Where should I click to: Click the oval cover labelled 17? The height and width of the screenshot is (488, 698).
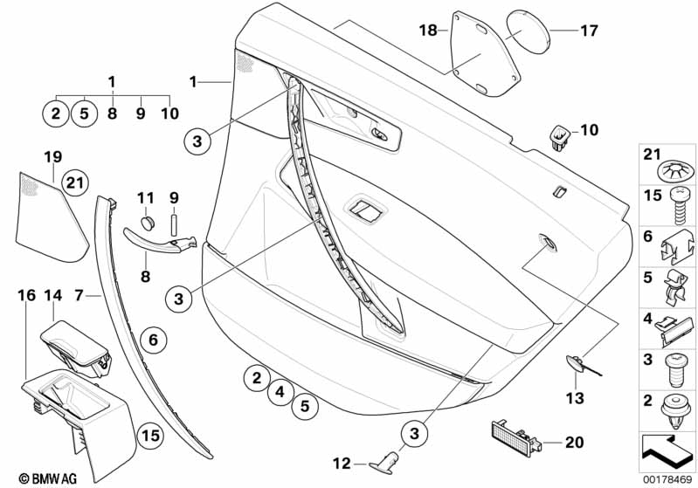click(529, 31)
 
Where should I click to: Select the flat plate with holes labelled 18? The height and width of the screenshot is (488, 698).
click(484, 55)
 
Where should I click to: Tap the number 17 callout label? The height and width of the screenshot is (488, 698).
click(589, 31)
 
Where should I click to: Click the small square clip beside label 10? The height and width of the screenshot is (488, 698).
click(559, 138)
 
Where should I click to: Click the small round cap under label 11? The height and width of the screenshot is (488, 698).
click(149, 223)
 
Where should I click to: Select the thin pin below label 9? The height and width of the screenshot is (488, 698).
click(174, 224)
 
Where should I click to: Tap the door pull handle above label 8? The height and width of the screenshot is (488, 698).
click(160, 240)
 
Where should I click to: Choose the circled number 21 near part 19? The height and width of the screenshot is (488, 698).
click(75, 182)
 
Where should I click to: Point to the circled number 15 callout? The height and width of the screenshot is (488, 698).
click(150, 435)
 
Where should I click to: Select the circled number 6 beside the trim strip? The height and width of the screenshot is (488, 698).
click(153, 340)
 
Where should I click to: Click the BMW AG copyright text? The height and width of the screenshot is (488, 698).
click(48, 478)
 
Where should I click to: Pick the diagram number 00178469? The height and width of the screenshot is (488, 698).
click(667, 480)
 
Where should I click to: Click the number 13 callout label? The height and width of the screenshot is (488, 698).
click(575, 398)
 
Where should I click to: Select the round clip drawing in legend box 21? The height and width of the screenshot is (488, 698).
click(676, 171)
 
